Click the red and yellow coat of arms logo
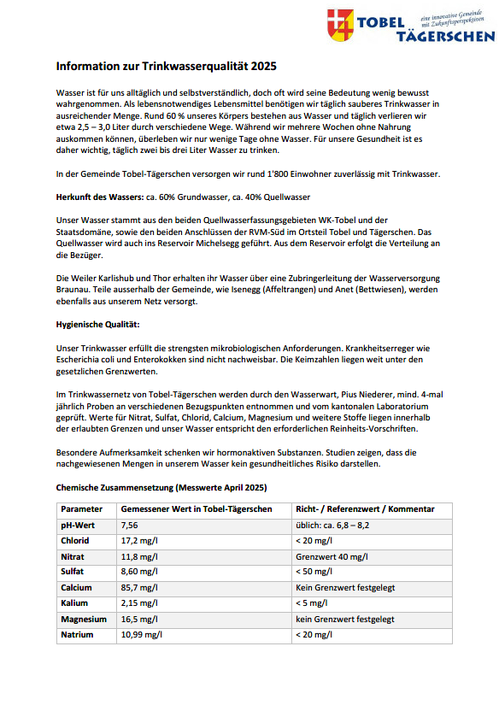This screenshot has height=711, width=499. [343, 26]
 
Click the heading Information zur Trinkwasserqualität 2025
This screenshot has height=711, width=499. [166, 66]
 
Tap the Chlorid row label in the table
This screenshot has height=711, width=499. [74, 541]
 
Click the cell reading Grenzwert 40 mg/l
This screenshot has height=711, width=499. [332, 556]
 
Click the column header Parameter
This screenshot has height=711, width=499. [82, 508]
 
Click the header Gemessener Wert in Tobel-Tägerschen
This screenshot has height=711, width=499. [191, 508]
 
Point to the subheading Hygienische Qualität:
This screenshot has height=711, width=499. [97, 325]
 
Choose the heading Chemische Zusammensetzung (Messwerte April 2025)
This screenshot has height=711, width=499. [162, 488]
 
